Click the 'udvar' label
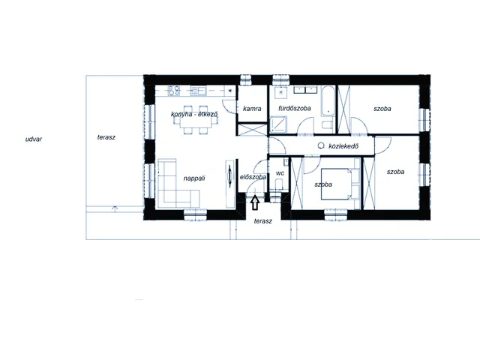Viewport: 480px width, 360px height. pyautogui.click(x=33, y=139)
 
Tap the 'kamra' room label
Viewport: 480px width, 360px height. pyautogui.click(x=252, y=109)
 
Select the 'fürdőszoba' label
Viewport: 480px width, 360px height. pyautogui.click(x=295, y=108)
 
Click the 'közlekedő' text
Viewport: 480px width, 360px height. pyautogui.click(x=343, y=146)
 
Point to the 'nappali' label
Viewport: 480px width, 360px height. pyautogui.click(x=194, y=178)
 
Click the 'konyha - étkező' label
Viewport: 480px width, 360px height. pyautogui.click(x=194, y=114)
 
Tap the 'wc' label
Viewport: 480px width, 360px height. pyautogui.click(x=280, y=173)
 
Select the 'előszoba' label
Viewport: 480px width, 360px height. pyautogui.click(x=253, y=177)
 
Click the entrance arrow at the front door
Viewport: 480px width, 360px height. pyautogui.click(x=255, y=203)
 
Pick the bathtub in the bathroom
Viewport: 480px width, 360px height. pyautogui.click(x=328, y=101)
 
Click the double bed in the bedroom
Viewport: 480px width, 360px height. pyautogui.click(x=340, y=184)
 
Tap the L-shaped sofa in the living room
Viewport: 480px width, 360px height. pyautogui.click(x=175, y=184)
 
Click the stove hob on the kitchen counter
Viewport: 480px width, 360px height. pyautogui.click(x=174, y=91)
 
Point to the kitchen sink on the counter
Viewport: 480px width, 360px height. pyautogui.click(x=198, y=90)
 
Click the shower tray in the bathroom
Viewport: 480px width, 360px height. pyautogui.click(x=279, y=125)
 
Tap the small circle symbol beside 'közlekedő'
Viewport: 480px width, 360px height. pyautogui.click(x=321, y=145)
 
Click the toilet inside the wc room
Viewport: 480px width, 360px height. pyautogui.click(x=279, y=185)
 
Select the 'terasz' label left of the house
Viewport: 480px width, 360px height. pyautogui.click(x=106, y=137)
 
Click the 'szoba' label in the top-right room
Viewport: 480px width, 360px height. pyautogui.click(x=382, y=109)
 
